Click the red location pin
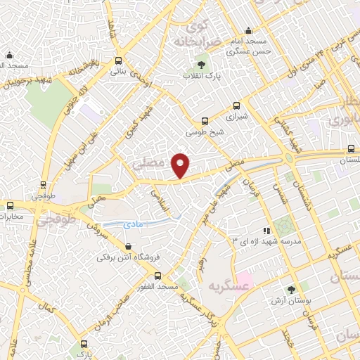[x=181, y=165]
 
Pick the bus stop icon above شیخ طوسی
[x=205, y=121]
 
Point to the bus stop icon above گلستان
[x=352, y=149]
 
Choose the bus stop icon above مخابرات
[x=10, y=205]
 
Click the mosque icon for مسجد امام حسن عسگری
[x=248, y=30]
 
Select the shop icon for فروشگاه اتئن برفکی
[x=127, y=246]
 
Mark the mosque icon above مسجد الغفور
[x=157, y=276]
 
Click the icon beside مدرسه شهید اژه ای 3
[x=266, y=230]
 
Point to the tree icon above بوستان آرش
[x=292, y=290]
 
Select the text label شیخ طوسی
[x=204, y=131]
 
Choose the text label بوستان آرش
[x=292, y=301]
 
